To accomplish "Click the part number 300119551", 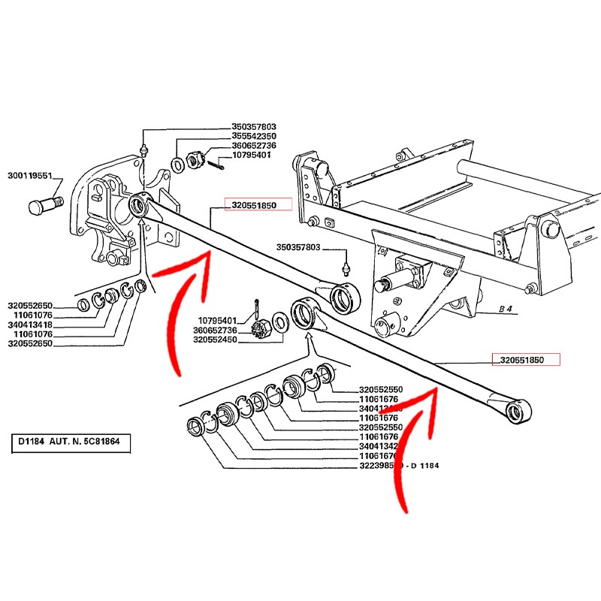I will tap(30, 176).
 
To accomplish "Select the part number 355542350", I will tap(255, 136).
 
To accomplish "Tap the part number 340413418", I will tap(30, 325).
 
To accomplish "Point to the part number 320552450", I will tap(216, 340).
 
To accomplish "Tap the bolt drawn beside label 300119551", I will tap(47, 203).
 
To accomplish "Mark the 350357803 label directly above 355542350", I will tap(255, 127).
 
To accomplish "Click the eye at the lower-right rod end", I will tap(515, 410).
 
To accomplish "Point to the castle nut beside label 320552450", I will tap(264, 328).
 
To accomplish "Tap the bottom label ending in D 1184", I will tap(398, 466).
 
